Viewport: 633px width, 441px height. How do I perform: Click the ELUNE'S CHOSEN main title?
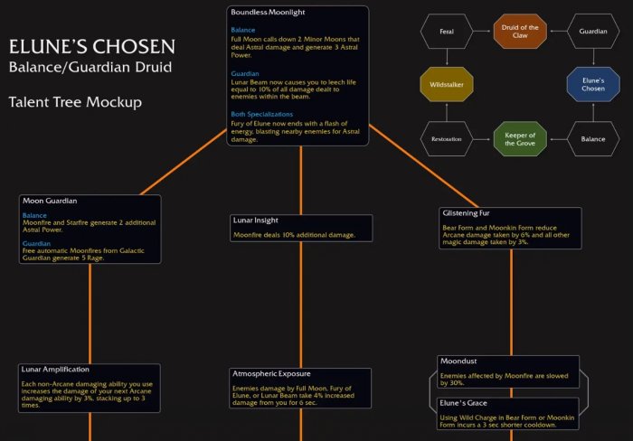point(92,47)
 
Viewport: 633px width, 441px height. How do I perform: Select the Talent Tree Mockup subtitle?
point(75,102)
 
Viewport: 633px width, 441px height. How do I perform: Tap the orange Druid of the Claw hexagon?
point(519,32)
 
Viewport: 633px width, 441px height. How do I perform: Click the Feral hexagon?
point(445,32)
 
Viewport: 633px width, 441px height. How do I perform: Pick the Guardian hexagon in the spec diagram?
point(593,32)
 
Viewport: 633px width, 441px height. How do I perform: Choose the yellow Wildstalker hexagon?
point(445,85)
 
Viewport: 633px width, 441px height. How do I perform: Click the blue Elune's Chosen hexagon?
point(593,85)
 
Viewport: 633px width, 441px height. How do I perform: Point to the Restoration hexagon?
point(445,139)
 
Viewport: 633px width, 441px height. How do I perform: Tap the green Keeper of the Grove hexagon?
point(519,139)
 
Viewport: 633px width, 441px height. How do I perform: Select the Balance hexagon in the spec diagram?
point(593,139)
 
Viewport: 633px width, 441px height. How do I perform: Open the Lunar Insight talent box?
point(300,228)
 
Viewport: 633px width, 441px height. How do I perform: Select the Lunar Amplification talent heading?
point(53,370)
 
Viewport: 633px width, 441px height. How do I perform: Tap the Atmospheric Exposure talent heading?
point(271,374)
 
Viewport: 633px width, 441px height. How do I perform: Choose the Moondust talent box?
point(507,371)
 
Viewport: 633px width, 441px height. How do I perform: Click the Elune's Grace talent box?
point(507,411)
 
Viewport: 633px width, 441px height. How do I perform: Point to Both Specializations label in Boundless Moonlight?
point(262,115)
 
